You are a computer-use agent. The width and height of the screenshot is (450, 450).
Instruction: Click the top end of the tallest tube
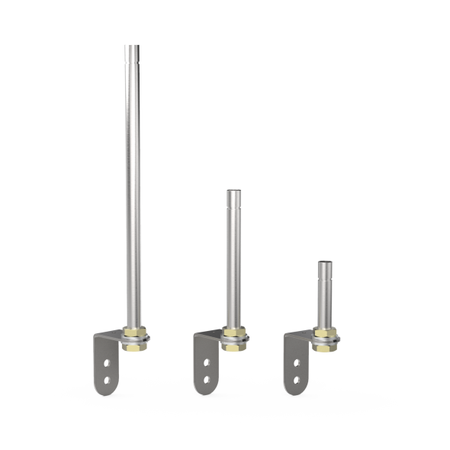coord(132,47)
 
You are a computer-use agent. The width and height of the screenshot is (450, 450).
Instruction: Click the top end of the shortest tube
coord(324,262)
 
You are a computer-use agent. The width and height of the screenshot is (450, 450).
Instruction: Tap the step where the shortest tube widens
coord(324,282)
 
